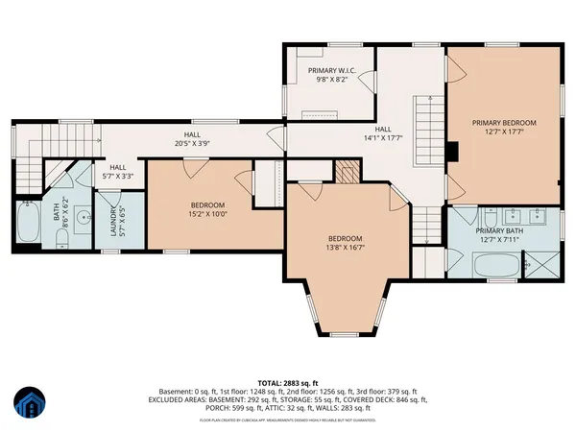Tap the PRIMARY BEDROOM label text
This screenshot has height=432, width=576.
(504, 123)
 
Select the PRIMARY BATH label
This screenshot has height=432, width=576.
(502, 231)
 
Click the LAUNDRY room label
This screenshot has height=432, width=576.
(113, 223)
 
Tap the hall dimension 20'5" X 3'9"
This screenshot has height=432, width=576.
(193, 144)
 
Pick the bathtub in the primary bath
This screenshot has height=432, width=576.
(495, 264)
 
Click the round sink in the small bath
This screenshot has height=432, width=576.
(83, 215)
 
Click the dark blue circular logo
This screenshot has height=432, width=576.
(32, 404)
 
